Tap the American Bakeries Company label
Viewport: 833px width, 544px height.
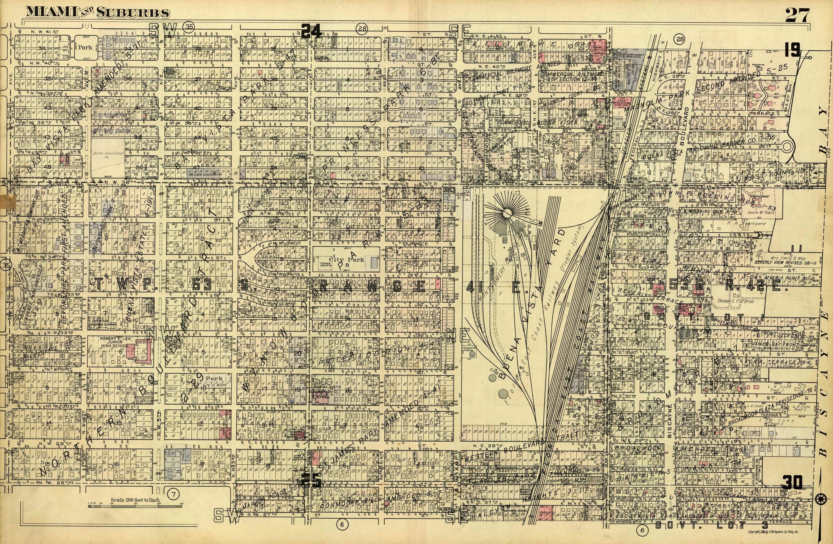click(x=104, y=322)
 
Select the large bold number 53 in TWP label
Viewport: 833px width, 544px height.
click(x=202, y=286)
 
